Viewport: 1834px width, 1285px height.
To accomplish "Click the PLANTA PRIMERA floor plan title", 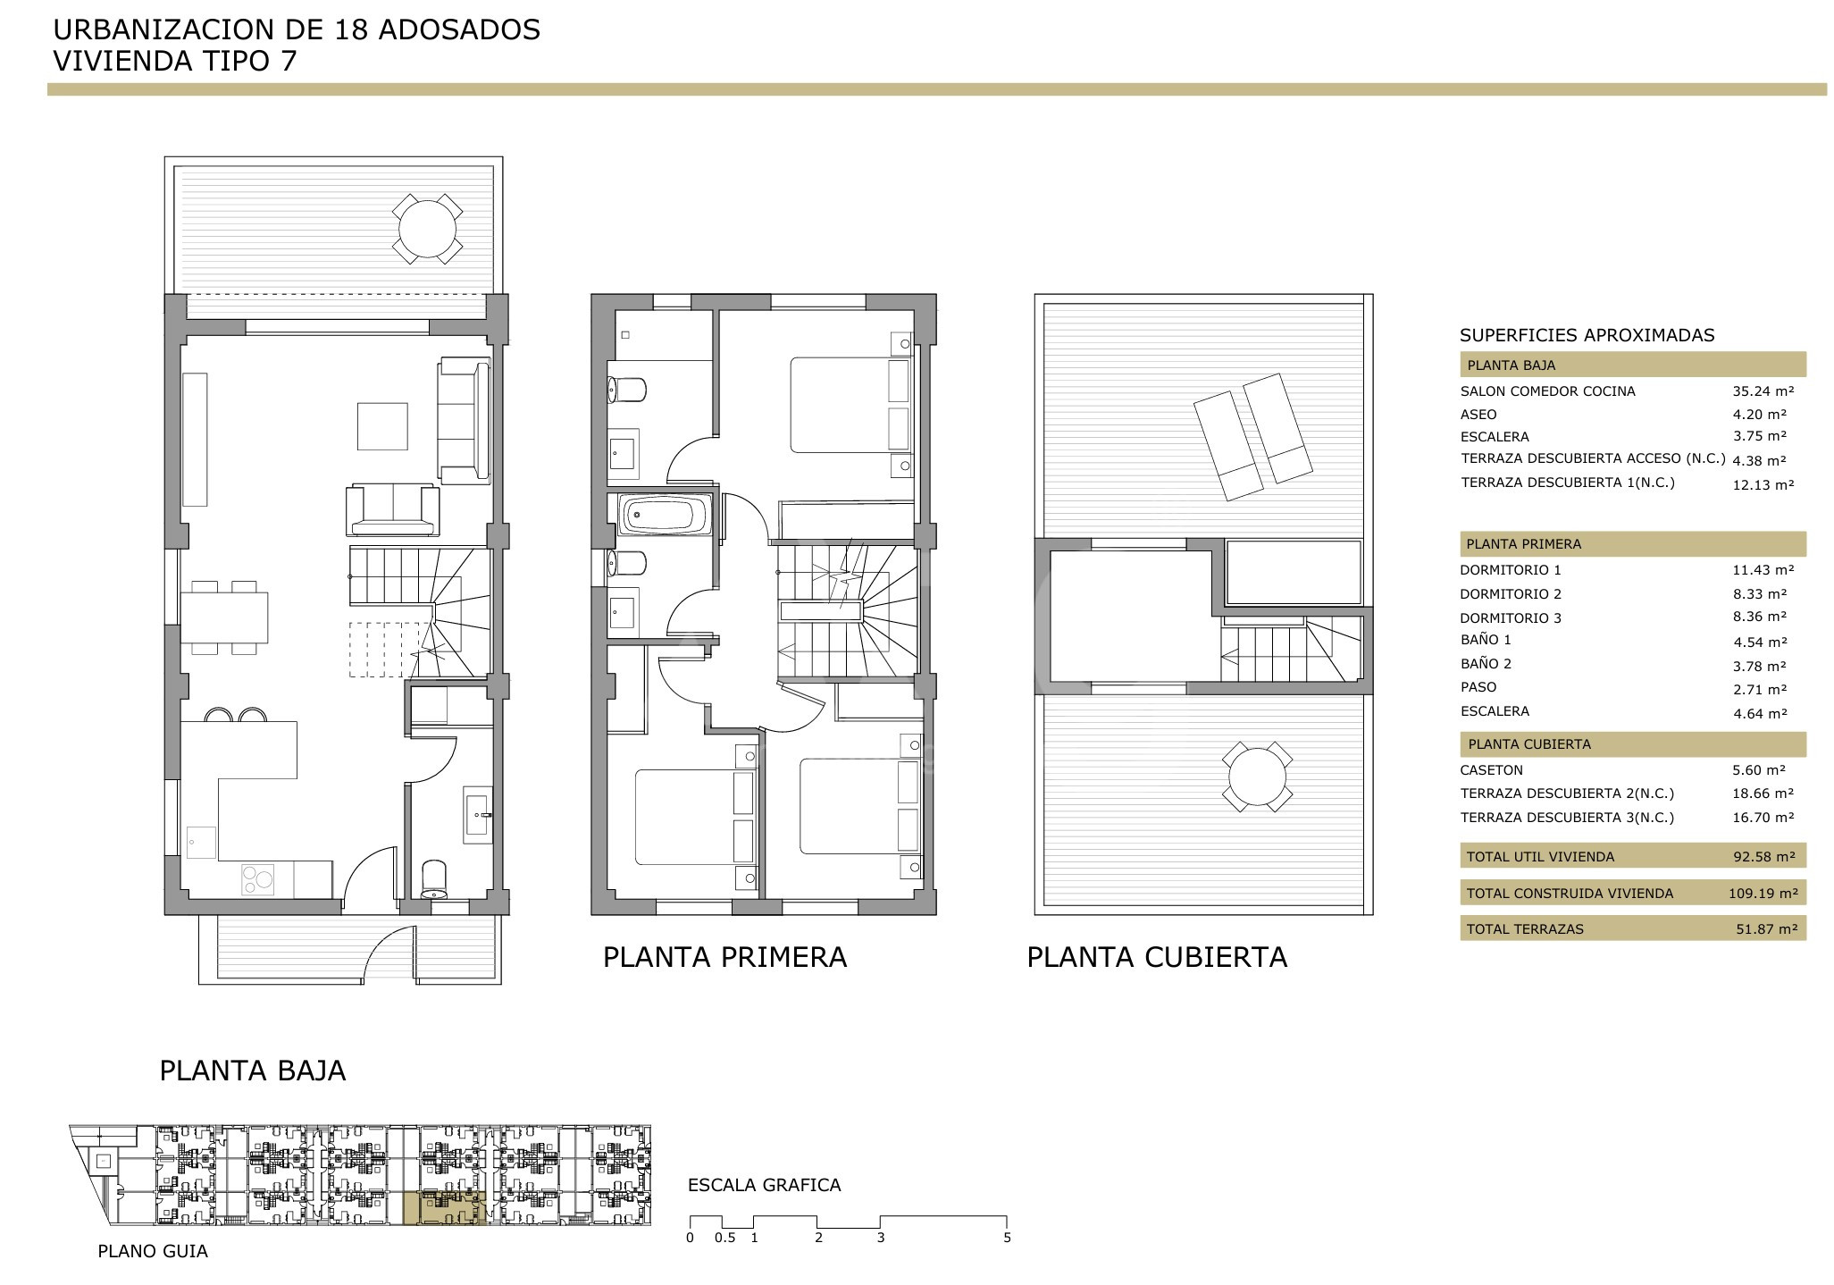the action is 724,957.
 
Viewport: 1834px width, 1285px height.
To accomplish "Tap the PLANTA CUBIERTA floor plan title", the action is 1157,957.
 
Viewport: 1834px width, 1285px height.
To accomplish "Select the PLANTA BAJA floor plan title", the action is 252,1071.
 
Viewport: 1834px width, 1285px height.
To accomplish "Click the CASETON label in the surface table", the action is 1491,770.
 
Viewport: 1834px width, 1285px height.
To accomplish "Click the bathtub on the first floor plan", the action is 664,516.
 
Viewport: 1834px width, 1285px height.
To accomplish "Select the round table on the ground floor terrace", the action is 427,229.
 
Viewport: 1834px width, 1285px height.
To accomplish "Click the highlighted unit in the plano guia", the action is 445,1206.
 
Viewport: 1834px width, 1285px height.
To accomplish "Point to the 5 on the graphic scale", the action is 1007,1238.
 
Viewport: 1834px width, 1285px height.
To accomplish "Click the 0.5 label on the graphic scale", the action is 724,1238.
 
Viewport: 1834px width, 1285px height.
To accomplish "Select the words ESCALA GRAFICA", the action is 764,1185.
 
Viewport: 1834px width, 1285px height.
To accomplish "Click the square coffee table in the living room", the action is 382,426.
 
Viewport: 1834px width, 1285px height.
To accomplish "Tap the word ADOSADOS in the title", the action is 459,29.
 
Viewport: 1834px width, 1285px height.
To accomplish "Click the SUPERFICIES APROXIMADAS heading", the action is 1587,336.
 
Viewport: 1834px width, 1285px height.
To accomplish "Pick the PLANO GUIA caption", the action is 153,1251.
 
